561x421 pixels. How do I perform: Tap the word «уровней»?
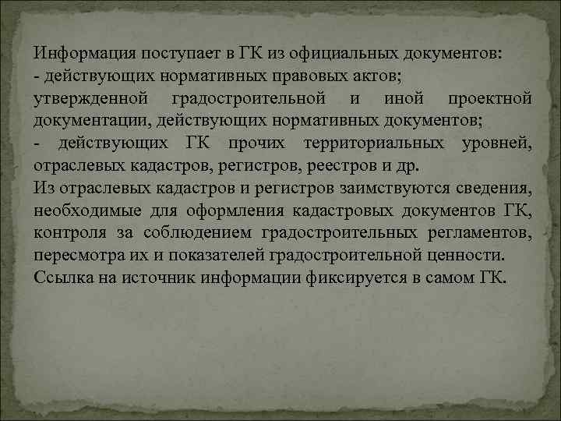(496, 144)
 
